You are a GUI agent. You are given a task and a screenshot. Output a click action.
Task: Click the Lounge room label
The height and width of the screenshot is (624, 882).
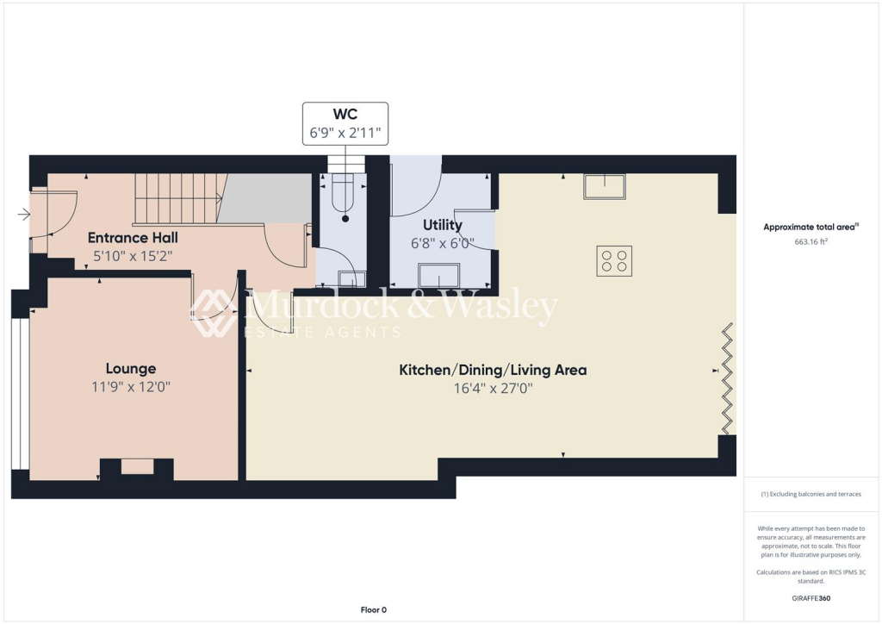pos(131,369)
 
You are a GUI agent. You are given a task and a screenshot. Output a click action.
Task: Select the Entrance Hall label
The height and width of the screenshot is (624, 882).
pos(133,237)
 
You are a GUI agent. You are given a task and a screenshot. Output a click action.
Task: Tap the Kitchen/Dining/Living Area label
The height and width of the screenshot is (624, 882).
pos(492,370)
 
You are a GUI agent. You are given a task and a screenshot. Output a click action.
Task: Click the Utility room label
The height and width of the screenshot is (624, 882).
pos(442,225)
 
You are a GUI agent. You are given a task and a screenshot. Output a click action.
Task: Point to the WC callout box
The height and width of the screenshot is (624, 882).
pos(345,124)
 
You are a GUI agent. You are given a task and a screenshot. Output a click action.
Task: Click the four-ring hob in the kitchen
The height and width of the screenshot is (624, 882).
pos(614,260)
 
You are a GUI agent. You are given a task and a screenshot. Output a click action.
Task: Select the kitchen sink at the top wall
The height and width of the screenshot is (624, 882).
pos(604,186)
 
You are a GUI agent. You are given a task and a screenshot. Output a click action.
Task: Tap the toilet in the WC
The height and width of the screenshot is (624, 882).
pos(345,195)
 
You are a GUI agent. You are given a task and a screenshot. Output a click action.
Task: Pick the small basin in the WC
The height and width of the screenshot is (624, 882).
pos(351,278)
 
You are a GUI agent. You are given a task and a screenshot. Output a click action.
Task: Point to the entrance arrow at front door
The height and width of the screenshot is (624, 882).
pos(23,215)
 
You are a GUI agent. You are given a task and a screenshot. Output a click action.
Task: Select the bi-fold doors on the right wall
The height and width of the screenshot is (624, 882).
pos(728,379)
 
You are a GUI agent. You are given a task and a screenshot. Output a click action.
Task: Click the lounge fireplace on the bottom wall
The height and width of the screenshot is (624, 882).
pos(137,467)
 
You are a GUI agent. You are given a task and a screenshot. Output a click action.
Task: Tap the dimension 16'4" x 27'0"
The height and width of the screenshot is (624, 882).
pos(492,389)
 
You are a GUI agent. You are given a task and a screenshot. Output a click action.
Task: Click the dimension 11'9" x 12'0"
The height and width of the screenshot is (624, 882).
pos(131,388)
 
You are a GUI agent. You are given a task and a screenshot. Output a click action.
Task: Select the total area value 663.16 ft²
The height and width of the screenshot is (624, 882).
pos(811,242)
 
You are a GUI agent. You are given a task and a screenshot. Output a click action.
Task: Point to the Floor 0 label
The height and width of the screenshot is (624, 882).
pos(373,609)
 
